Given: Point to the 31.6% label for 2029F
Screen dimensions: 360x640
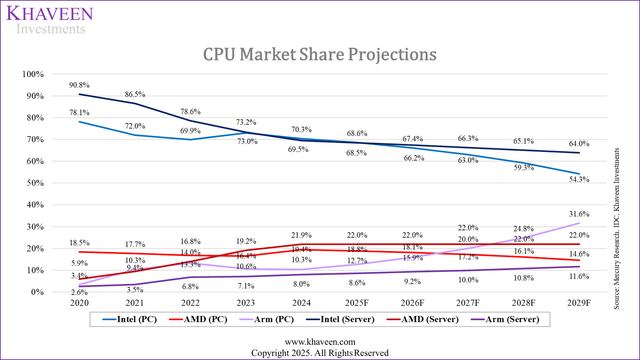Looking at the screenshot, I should pyautogui.click(x=578, y=214).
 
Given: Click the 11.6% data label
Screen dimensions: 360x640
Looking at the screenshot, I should pyautogui.click(x=578, y=275).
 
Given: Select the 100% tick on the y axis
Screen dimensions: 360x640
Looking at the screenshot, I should pyautogui.click(x=34, y=74).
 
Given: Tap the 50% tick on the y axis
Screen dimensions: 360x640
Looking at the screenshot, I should pyautogui.click(x=36, y=183).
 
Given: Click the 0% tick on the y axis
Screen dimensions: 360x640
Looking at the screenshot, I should pyautogui.click(x=39, y=292).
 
